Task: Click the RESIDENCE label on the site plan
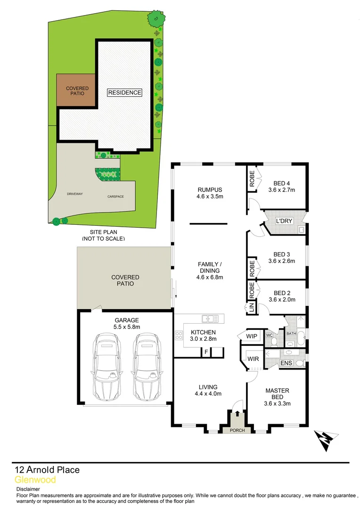pos(124,92)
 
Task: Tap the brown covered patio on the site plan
pos(77,90)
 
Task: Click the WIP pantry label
pos(252,336)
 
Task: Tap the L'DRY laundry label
pos(284,220)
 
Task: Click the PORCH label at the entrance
pos(237,431)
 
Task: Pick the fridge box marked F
pos(205,352)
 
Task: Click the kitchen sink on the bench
pos(210,319)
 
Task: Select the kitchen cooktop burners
pos(179,336)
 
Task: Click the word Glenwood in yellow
pos(35,480)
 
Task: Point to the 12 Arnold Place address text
pos(47,469)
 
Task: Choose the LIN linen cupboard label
pos(251,308)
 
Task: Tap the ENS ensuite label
pos(286,363)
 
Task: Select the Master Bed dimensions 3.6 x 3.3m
pos(277,403)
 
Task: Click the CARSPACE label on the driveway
pos(115,197)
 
